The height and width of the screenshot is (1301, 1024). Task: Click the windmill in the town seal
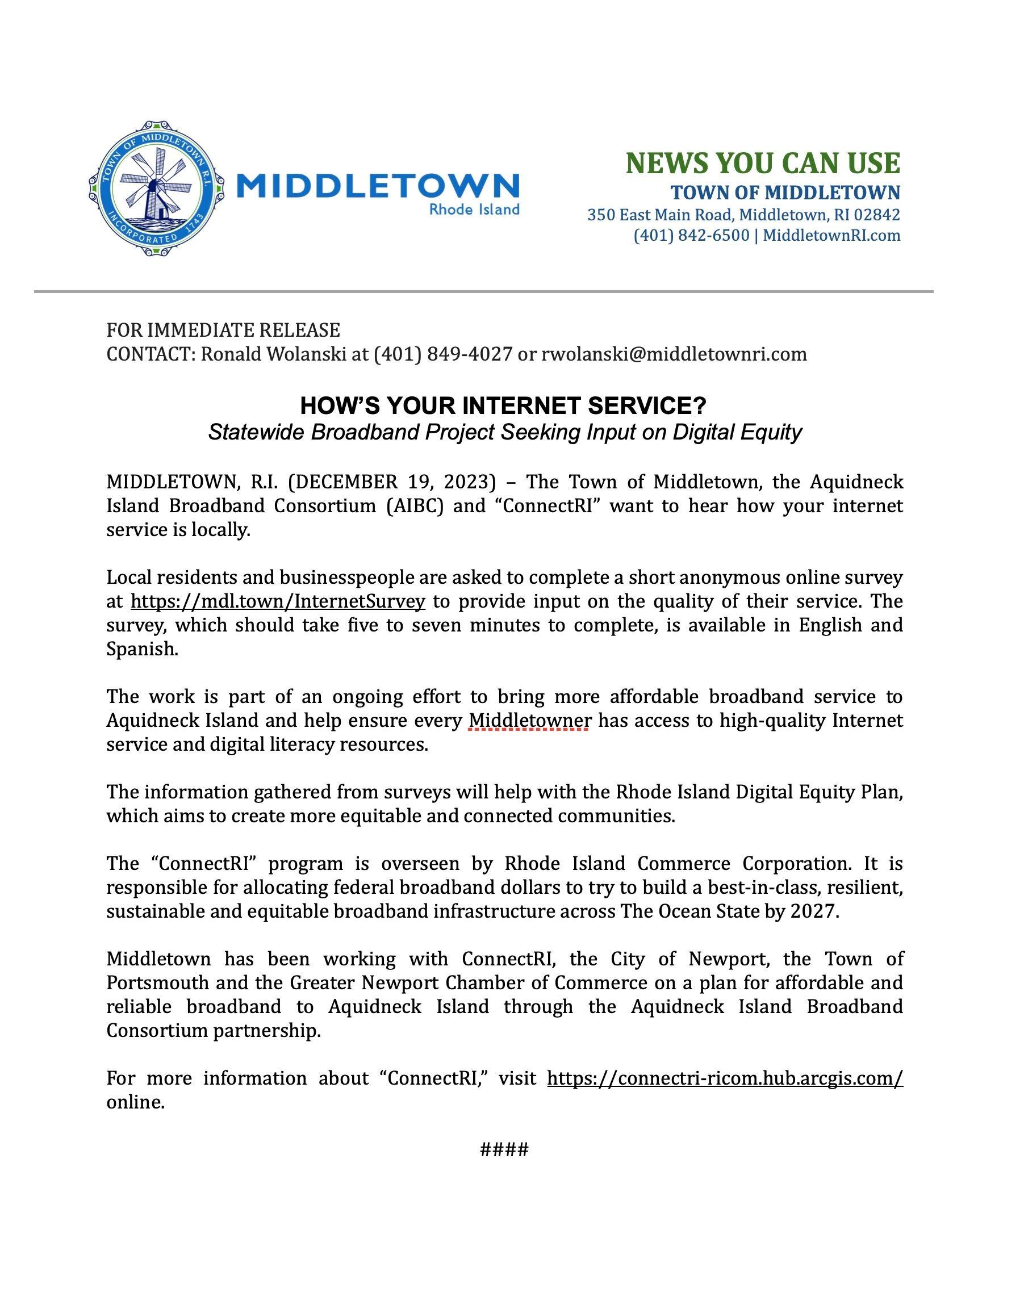click(x=154, y=187)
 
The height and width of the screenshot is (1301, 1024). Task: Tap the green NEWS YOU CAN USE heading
click(x=763, y=163)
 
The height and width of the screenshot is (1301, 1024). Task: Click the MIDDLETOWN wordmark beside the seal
click(x=378, y=186)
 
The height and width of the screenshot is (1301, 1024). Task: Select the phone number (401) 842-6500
click(x=691, y=235)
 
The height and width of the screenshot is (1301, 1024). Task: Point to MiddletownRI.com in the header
click(x=831, y=235)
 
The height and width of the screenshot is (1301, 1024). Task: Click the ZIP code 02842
click(x=876, y=214)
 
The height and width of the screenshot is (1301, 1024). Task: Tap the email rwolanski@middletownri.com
click(x=674, y=354)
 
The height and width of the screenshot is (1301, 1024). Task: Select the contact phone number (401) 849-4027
click(x=443, y=354)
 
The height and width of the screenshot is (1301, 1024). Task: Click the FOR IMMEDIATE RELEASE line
click(x=223, y=330)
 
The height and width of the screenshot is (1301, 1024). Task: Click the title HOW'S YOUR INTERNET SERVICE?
click(x=504, y=406)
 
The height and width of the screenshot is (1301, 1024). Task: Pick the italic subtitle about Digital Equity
click(x=505, y=432)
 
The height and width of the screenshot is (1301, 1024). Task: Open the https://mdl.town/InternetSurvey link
click(x=278, y=601)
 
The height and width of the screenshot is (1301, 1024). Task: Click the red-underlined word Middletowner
click(x=529, y=720)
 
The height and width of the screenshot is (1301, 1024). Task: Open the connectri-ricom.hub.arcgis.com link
click(x=725, y=1078)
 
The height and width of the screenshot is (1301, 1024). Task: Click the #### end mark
click(x=504, y=1149)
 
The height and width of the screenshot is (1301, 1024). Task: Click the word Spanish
click(x=141, y=649)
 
